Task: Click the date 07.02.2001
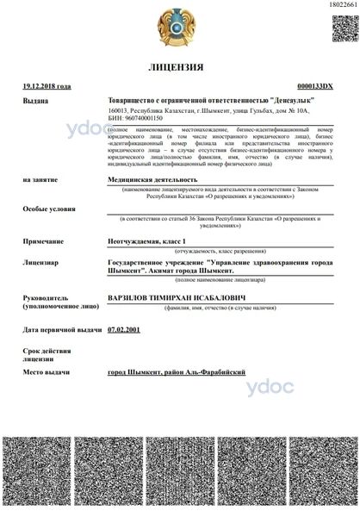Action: [123, 328]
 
